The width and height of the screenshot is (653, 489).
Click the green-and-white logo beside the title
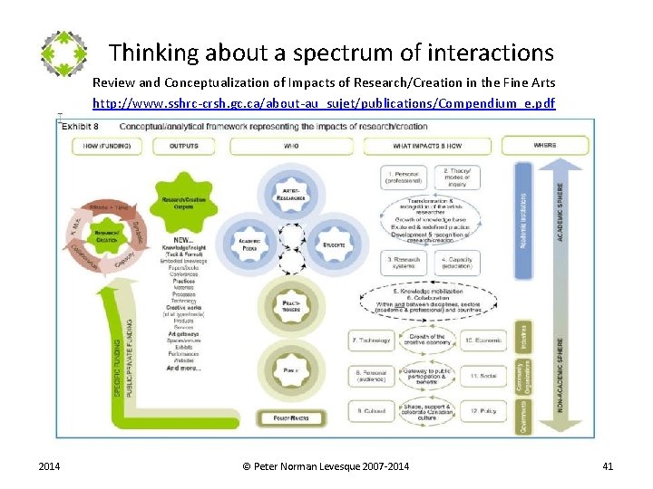[63, 53]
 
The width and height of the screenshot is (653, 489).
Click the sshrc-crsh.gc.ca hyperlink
[324, 103]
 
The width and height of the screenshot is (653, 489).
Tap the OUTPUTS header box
[184, 146]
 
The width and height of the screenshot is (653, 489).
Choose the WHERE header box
[545, 145]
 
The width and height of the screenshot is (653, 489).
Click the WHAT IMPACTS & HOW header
[426, 146]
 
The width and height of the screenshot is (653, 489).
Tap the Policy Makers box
[291, 417]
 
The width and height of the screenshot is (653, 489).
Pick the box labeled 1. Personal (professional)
[378, 177]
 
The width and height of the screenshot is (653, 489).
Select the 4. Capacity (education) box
[456, 263]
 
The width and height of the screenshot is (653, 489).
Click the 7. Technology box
[370, 341]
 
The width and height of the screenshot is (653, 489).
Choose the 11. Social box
[482, 375]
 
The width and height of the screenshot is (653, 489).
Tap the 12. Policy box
[482, 410]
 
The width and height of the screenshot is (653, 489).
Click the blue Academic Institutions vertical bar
[523, 218]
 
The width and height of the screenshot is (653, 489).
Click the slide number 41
[608, 466]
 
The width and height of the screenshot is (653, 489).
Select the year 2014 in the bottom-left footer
[50, 466]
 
